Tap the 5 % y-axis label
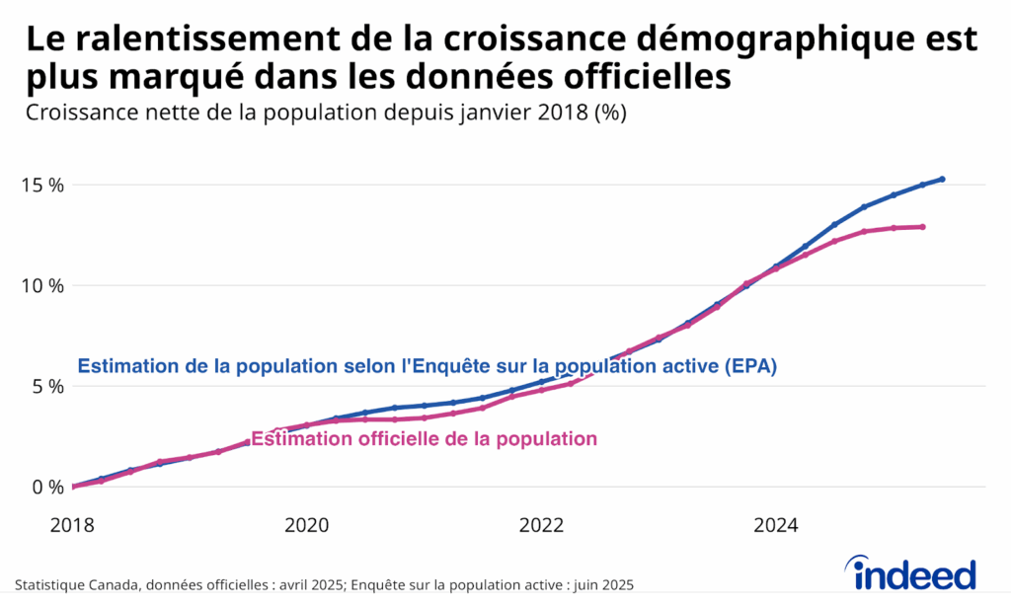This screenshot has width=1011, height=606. [x=49, y=386]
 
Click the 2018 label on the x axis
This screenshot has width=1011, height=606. [x=72, y=524]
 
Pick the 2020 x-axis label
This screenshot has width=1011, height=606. [x=307, y=524]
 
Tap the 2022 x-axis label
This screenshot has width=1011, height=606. [x=541, y=524]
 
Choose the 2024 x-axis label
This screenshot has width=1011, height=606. [x=775, y=524]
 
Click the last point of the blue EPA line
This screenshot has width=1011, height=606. [x=943, y=179]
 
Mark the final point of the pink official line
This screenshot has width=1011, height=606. [x=922, y=227]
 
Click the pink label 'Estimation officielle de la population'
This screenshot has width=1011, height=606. [x=425, y=439]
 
